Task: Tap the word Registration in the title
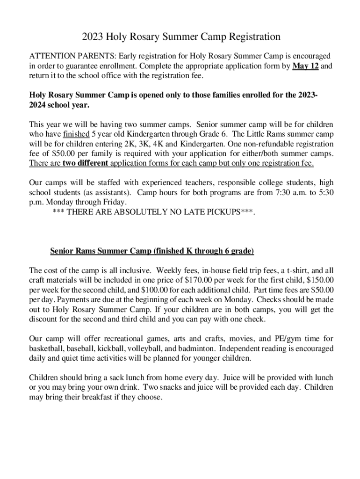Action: [253, 36]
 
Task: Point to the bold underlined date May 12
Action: [306, 65]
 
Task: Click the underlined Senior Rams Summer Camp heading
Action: [152, 251]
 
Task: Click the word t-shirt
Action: [289, 270]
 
